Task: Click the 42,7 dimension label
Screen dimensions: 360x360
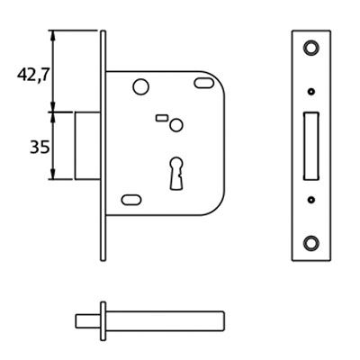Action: [32, 75]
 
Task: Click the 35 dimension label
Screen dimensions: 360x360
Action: [40, 148]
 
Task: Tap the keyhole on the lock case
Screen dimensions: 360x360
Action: [176, 174]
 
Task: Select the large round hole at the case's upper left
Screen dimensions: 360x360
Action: [141, 87]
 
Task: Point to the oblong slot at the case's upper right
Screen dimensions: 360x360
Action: [204, 83]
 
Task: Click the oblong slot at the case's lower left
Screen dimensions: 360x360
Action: [131, 200]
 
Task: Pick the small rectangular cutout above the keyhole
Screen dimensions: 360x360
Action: [161, 118]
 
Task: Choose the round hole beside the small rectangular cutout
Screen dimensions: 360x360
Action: [176, 125]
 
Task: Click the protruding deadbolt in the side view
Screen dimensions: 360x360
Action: [87, 146]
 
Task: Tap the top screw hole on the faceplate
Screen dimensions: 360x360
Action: [311, 48]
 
